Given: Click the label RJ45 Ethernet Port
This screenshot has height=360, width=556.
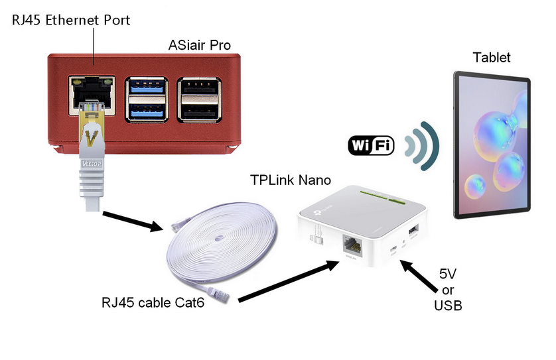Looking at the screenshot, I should tap(71, 20).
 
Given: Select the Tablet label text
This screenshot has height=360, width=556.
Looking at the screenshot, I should tap(491, 57).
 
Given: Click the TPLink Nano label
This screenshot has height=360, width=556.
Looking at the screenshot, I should tap(290, 180).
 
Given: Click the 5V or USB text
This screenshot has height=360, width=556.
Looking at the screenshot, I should tap(452, 289).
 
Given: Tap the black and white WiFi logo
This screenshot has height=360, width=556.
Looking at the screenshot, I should tap(371, 145).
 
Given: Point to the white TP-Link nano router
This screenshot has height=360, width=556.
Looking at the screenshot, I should tap(362, 229).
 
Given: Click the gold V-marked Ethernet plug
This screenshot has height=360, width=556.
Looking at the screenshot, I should tap(91, 133).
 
